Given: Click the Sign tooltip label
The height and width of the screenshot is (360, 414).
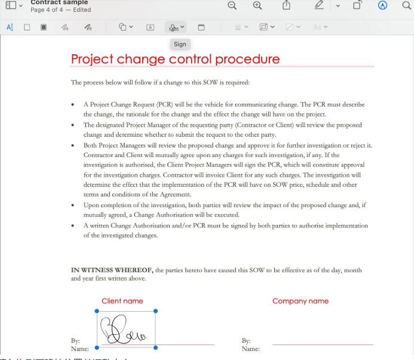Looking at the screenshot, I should [x=180, y=44].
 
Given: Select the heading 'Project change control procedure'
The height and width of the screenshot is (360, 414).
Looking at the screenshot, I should [x=175, y=59].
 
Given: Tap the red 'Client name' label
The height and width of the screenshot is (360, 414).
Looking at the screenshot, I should [x=122, y=301].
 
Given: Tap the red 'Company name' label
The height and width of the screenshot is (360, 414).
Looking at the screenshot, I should [x=300, y=301].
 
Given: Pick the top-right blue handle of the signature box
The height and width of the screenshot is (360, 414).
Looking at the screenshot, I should [x=156, y=311].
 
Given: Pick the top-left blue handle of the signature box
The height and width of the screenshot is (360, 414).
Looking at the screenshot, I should [x=97, y=311].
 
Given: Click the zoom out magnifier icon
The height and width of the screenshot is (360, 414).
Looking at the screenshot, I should [x=232, y=5].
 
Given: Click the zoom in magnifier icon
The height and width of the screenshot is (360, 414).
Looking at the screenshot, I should [x=257, y=5].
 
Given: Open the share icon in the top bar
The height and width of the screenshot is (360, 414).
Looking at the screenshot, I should [x=286, y=5].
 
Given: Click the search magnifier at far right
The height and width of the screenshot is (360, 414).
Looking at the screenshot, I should [x=407, y=5].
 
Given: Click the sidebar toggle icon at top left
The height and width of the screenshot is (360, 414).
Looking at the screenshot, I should [x=11, y=5].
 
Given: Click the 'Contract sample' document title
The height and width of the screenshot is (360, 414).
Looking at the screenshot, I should [x=59, y=2].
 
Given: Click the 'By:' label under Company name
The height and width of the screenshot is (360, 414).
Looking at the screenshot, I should [x=246, y=341].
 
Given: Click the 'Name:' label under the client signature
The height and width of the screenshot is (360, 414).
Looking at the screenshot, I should [x=79, y=349].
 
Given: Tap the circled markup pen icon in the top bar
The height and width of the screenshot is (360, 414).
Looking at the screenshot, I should [x=383, y=5].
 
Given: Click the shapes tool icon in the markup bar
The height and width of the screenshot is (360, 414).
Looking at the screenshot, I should [x=122, y=27].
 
